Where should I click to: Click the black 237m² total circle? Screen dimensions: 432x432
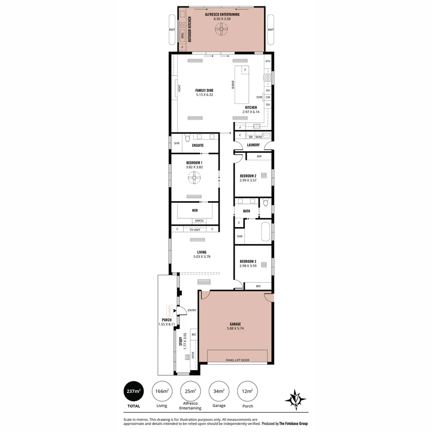134,391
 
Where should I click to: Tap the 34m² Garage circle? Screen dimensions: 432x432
219,391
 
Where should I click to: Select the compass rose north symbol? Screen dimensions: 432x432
296,400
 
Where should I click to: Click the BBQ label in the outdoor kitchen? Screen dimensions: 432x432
182,36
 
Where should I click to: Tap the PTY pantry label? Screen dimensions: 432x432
268,61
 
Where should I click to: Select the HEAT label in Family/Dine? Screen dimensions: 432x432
179,88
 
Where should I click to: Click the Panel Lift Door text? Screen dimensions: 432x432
237,360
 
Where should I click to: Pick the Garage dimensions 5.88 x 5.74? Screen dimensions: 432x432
235,328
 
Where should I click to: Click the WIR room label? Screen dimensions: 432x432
195,210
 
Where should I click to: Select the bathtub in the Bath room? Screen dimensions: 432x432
266,232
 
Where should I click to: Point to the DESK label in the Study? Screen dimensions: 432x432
192,354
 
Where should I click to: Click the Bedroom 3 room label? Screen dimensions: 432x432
248,261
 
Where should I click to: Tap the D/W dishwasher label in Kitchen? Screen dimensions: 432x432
259,97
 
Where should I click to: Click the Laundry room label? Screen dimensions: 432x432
253,145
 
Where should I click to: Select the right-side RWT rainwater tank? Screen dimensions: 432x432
271,30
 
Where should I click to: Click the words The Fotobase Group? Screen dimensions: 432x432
293,424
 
